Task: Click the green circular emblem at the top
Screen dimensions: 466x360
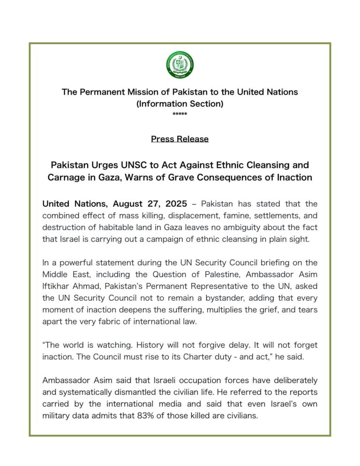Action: tap(180, 64)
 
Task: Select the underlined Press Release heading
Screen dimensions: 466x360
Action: tap(180, 139)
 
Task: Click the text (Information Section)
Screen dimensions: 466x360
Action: tap(180, 104)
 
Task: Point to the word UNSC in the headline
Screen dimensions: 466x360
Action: tap(136, 165)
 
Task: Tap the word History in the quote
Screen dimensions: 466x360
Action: tap(161, 345)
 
